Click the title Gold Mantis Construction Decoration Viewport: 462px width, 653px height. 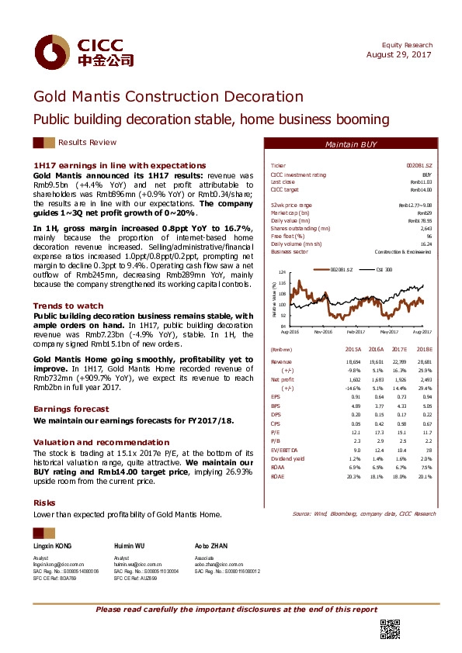pyautogui.click(x=167, y=97)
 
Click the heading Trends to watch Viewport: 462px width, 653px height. pyautogui.click(x=68, y=306)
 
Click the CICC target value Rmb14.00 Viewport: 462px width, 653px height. pyautogui.click(x=421, y=189)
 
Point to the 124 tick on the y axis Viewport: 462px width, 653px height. pyautogui.click(x=282, y=272)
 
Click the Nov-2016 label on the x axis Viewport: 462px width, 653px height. pyautogui.click(x=323, y=331)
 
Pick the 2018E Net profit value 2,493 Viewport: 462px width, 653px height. pyautogui.click(x=423, y=380)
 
